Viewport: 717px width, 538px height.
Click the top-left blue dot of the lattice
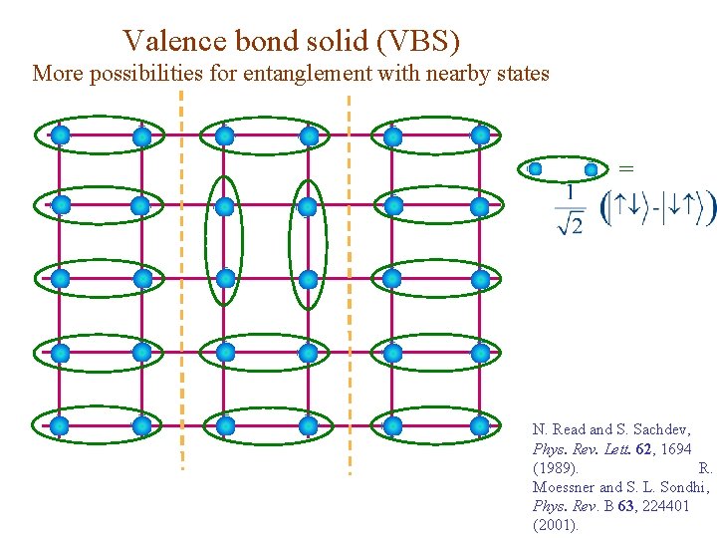tap(60, 134)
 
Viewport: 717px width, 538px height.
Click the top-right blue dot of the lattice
tap(480, 134)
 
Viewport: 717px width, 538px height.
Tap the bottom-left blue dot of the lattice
tap(60, 425)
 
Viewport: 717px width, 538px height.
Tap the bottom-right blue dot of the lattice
tap(480, 425)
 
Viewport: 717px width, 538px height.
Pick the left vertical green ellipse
tap(223, 243)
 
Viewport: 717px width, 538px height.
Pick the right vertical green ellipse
tap(307, 243)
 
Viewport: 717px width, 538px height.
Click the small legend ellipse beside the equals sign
tap(563, 169)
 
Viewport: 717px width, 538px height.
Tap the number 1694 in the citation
tap(671, 448)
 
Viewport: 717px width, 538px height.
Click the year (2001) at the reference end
tap(556, 524)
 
